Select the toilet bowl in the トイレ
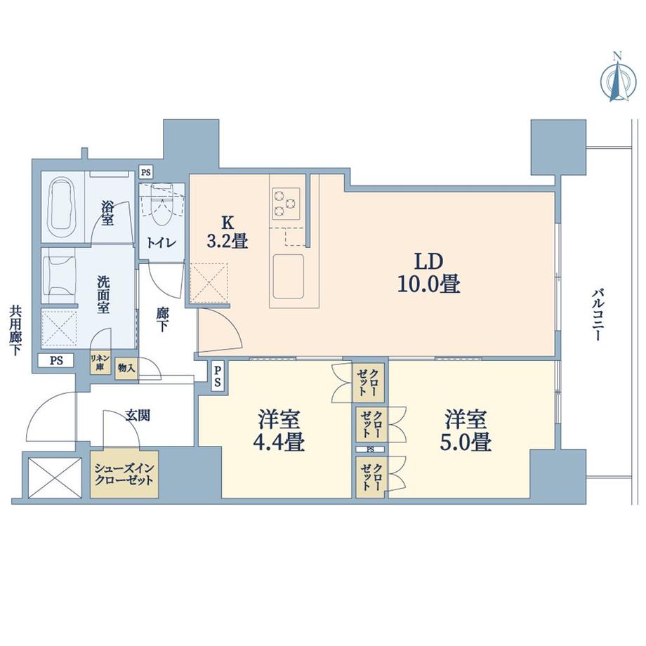point(160,208)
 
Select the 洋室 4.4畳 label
point(279,431)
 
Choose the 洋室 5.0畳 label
point(466,431)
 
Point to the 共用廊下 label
point(14,329)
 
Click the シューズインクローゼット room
point(124,473)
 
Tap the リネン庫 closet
point(98,363)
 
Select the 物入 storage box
point(126,367)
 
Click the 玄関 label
point(137,416)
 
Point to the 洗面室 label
point(103,294)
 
